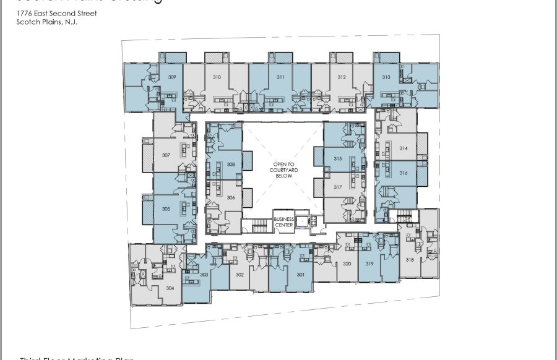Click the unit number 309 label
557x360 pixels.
coord(173,77)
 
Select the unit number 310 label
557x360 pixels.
coord(217,77)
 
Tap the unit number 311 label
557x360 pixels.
coord(280,77)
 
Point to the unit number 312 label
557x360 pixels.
coord(341,77)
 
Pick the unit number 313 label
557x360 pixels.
coord(386,77)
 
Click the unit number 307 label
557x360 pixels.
coord(166,155)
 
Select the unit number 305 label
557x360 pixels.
coord(166,209)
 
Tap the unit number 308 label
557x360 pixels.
coord(230,165)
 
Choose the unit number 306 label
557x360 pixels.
coord(230,197)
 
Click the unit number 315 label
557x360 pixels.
coord(338,159)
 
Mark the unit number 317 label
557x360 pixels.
coord(338,187)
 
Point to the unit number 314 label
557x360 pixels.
coord(403,148)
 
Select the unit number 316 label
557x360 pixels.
coord(403,173)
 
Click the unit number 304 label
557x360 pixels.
coord(170,288)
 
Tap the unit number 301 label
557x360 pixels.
coord(301,274)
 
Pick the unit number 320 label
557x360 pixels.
coord(347,264)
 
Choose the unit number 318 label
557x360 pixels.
coord(410,260)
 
